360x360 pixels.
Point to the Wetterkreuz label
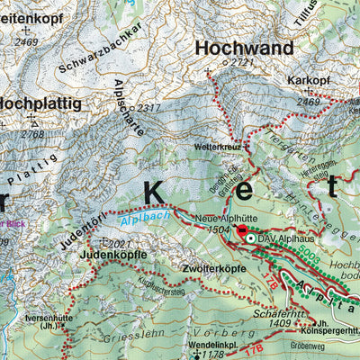click(x=213, y=145)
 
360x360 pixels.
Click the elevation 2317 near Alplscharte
click(x=148, y=108)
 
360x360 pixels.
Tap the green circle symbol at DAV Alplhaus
click(x=251, y=238)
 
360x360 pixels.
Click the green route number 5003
click(x=310, y=258)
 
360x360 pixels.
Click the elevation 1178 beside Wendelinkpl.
click(x=213, y=355)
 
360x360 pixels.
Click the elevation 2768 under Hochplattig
click(x=32, y=134)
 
